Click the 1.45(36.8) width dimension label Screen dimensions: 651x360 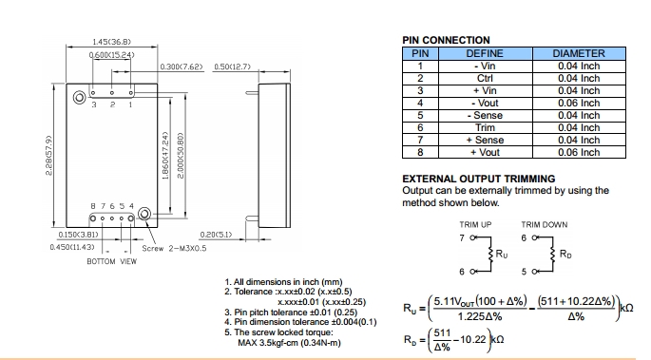coord(111,42)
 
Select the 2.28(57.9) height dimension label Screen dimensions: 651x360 coord(48,155)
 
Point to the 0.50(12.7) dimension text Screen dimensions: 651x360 coord(233,66)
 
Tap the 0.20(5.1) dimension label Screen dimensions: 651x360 coord(216,235)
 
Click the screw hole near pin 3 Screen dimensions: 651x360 coord(79,98)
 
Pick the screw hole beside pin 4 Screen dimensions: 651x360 coord(144,214)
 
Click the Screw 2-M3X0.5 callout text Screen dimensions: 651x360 coord(174,249)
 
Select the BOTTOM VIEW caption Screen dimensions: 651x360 coord(112,261)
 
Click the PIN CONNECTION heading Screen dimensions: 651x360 coord(446,40)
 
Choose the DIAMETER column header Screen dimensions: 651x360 coord(579,53)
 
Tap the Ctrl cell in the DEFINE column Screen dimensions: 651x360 coord(485,79)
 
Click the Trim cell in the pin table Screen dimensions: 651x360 coord(485,127)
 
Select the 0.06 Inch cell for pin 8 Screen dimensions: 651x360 coord(579,152)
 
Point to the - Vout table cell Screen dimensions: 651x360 coord(485,103)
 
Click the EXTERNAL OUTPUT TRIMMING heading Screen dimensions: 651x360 coord(479,179)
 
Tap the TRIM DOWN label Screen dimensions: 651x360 coord(545,225)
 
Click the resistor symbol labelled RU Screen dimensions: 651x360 coord(491,255)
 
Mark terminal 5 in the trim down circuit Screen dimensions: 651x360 coord(524,272)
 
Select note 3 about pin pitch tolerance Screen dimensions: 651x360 coord(291,313)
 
